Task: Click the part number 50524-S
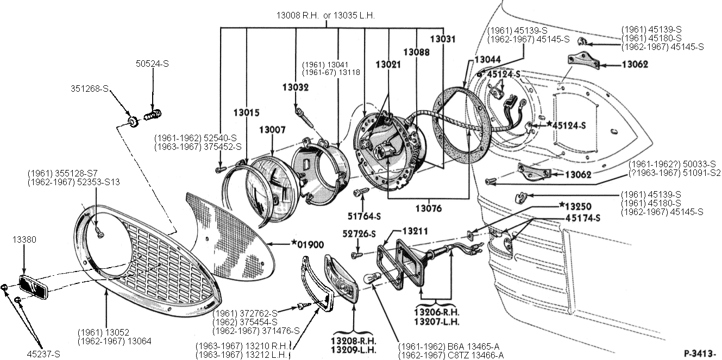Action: pos(152,64)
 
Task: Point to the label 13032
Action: pos(296,87)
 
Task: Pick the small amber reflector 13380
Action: pos(34,286)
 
